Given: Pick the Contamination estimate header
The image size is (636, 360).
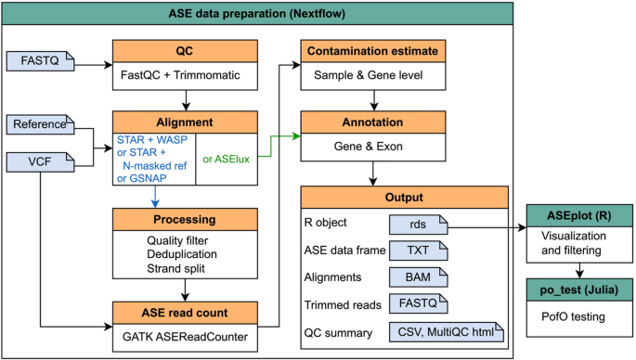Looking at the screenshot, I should [404, 52].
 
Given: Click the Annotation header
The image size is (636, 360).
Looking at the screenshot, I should [404, 122].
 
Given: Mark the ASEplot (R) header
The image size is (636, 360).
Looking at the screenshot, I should [580, 213].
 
